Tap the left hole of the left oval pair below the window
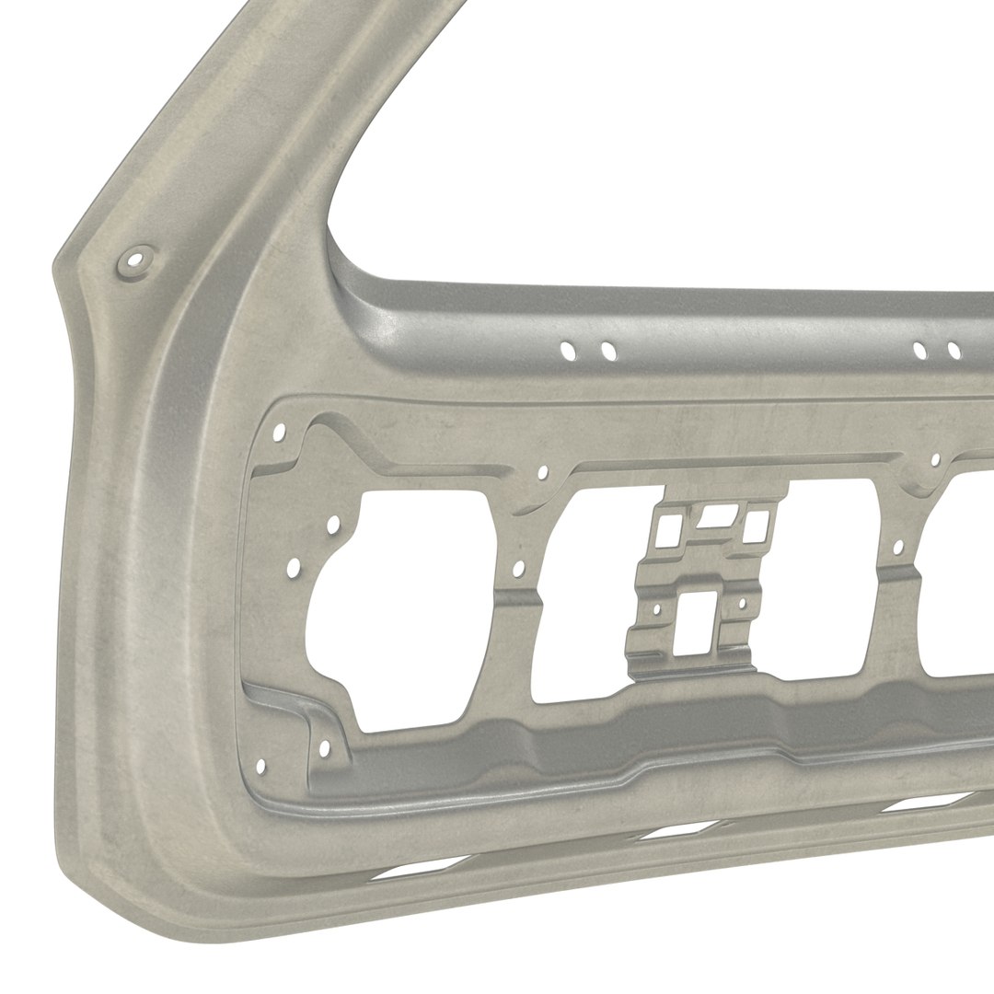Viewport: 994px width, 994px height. click(569, 350)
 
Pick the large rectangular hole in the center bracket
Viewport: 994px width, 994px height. click(697, 624)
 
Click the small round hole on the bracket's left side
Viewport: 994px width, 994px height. click(656, 607)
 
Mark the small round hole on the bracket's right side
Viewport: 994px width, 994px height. click(741, 604)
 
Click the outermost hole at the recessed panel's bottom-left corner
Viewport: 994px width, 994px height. click(260, 765)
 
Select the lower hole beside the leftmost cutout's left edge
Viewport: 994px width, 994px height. click(294, 568)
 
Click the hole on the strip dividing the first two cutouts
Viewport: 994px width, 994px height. click(518, 569)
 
